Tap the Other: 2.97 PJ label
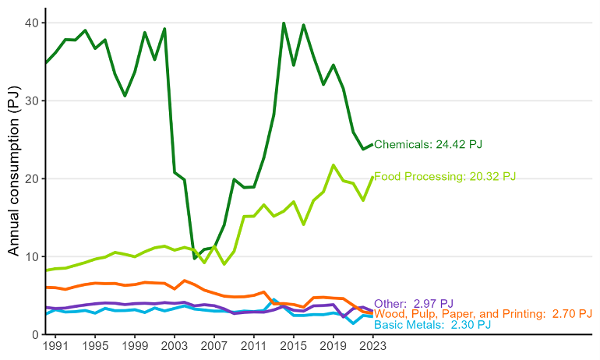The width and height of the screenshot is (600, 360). click(413, 303)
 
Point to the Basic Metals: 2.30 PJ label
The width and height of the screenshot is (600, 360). click(432, 325)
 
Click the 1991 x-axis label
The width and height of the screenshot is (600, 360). click(55, 345)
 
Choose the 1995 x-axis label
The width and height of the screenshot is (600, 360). click(95, 345)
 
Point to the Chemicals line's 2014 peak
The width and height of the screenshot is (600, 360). click(284, 23)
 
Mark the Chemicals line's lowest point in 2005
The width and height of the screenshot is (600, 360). click(195, 258)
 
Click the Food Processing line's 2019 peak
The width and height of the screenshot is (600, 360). click(334, 165)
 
